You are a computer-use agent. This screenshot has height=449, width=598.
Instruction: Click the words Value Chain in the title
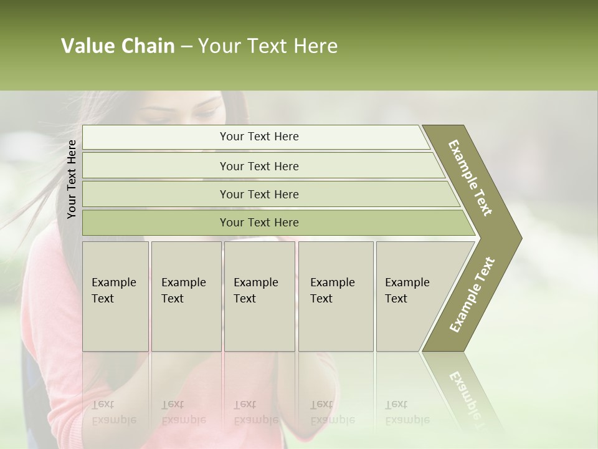coord(118,46)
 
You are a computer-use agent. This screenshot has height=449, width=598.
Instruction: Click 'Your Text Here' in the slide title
coord(268,46)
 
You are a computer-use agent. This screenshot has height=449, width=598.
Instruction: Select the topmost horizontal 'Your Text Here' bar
coord(259,137)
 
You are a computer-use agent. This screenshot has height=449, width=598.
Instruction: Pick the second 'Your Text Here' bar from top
coord(259,166)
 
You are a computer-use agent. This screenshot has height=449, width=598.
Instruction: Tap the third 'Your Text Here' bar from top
coord(259,194)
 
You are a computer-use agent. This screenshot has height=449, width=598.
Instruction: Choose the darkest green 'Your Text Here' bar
coord(259,223)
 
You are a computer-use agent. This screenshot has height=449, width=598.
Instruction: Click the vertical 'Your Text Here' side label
coord(72,179)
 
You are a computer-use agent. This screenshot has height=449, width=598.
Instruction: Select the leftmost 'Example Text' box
coord(115,296)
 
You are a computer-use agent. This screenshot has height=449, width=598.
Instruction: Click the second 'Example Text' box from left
coord(186,296)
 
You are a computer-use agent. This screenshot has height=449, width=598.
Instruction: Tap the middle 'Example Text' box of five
coord(259,296)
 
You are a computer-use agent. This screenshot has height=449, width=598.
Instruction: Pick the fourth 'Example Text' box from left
coord(335,296)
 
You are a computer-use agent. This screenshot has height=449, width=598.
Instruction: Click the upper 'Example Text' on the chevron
coord(470,178)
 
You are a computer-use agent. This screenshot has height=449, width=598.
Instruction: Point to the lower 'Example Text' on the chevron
coord(472,295)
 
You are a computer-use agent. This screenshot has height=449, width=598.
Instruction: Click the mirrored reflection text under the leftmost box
coord(113,412)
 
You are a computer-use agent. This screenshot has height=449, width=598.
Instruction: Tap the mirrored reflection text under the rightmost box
coord(407,412)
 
